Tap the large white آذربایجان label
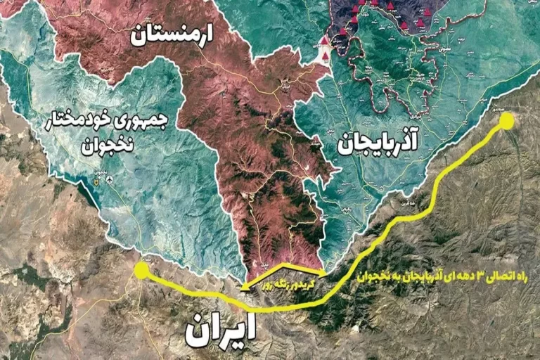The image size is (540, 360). coord(378,143)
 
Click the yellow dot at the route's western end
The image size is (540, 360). coord(141,271)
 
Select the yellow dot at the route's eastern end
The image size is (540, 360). coord(506,122)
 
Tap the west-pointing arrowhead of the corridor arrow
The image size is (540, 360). coord(245,286)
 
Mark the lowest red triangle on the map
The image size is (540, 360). coord(325,55)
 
